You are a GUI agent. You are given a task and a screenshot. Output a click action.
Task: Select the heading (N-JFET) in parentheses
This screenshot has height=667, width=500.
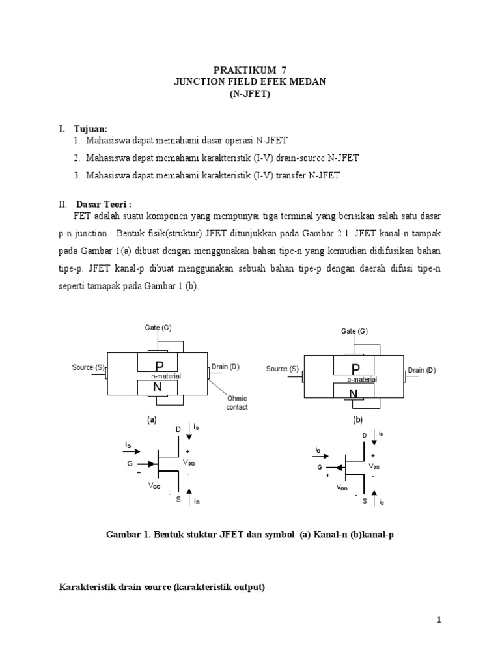pyautogui.click(x=249, y=93)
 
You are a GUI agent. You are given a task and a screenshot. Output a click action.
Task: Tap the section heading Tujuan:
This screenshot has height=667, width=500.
pyautogui.click(x=89, y=129)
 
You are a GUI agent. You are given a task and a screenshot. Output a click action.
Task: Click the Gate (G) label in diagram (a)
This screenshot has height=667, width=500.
pyautogui.click(x=158, y=327)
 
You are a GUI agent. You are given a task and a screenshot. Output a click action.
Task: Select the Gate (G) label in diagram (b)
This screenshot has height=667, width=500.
pyautogui.click(x=355, y=331)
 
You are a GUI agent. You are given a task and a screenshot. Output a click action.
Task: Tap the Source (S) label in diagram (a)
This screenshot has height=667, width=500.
pyautogui.click(x=88, y=367)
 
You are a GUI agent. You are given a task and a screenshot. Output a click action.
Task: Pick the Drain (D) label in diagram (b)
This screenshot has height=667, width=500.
pyautogui.click(x=422, y=370)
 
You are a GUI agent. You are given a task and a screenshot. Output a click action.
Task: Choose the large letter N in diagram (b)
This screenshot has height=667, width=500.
pyautogui.click(x=353, y=393)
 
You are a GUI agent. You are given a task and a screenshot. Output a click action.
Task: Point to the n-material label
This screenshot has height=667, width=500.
pyautogui.click(x=166, y=376)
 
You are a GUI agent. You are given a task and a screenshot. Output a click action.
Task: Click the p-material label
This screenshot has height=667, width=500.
pyautogui.click(x=362, y=379)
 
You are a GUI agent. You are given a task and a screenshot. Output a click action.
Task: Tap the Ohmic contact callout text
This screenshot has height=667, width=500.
pyautogui.click(x=236, y=403)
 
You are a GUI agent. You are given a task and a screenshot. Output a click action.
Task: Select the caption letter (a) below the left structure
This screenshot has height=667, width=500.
pyautogui.click(x=152, y=420)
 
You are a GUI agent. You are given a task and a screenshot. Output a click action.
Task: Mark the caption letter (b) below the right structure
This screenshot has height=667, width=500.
pyautogui.click(x=357, y=420)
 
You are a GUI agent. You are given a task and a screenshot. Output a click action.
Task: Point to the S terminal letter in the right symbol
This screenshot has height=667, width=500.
pyautogui.click(x=365, y=501)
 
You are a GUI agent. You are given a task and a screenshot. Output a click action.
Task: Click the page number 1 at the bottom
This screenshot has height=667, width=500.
pyautogui.click(x=439, y=620)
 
